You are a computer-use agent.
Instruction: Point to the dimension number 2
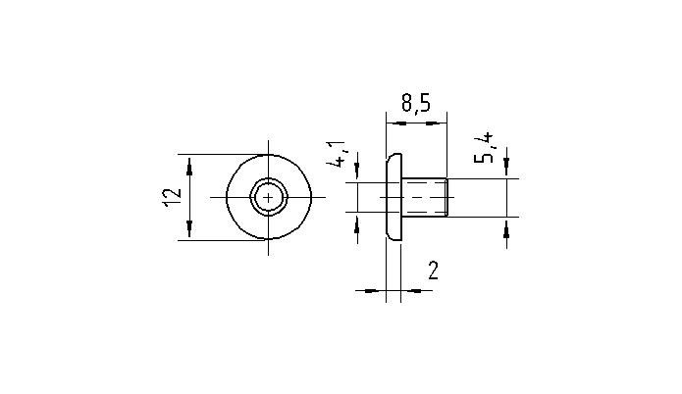[433, 271]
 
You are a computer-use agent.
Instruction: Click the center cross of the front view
[269, 197]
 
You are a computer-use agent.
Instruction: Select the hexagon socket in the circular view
[269, 197]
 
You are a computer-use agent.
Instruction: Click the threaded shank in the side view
[427, 197]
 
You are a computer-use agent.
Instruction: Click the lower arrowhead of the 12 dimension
[189, 232]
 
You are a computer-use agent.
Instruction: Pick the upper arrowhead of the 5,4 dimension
[506, 172]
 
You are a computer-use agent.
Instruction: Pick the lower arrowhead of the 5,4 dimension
[506, 222]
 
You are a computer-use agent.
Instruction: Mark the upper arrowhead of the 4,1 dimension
[356, 175]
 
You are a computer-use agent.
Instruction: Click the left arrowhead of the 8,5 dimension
[392, 123]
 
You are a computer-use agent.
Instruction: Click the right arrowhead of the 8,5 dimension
[443, 123]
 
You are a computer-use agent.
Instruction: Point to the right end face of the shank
[448, 197]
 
